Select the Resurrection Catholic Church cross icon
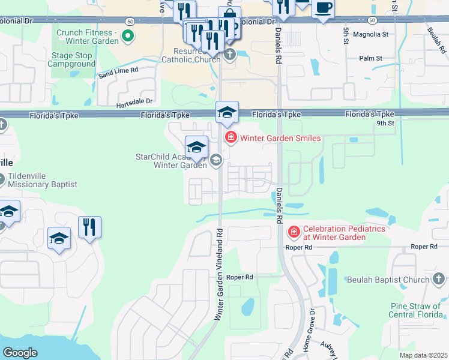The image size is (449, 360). click(x=229, y=56)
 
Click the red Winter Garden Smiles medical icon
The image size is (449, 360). click(x=230, y=138)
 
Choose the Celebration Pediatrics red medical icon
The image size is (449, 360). click(x=294, y=231)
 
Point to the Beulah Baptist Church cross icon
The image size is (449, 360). click(x=439, y=279)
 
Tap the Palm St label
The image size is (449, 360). click(x=370, y=58)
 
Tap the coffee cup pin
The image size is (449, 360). click(x=323, y=8)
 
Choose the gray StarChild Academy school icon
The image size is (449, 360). click(x=216, y=160)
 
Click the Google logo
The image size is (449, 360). click(x=20, y=353)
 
